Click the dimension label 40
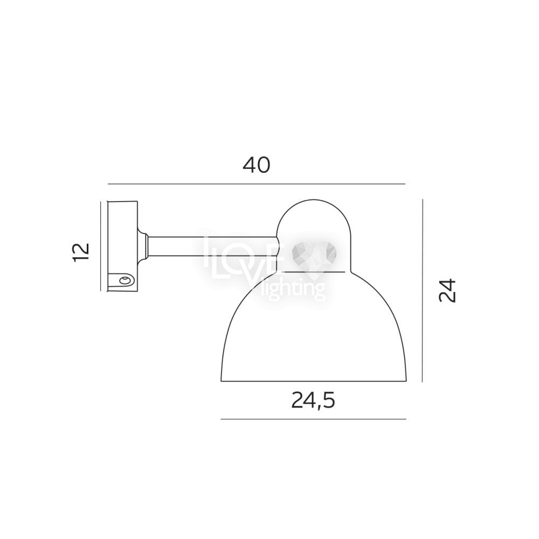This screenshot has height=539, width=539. [x=257, y=165]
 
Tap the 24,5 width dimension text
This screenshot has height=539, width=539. [x=313, y=400]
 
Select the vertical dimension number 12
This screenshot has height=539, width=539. [x=81, y=253]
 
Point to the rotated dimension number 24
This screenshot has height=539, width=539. [x=447, y=291]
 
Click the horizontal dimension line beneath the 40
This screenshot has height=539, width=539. [x=257, y=184]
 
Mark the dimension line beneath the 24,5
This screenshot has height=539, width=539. [x=313, y=419]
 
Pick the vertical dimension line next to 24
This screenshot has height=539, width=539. [x=422, y=291]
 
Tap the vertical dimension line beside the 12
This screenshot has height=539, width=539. [x=100, y=246]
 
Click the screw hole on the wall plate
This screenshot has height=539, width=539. [x=125, y=280]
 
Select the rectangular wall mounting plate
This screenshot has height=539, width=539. [x=123, y=246]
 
